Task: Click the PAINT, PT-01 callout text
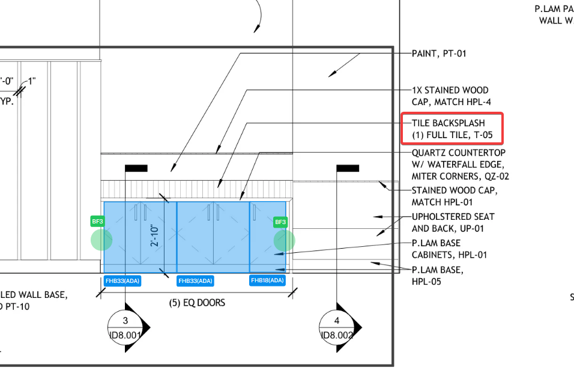pos(439,53)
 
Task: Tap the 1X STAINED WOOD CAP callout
pos(450,96)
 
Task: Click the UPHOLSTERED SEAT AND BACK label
pos(453,222)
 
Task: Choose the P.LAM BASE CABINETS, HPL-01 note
pos(449,249)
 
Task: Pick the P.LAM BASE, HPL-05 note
pos(437,276)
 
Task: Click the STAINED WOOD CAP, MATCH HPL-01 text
pos(455,196)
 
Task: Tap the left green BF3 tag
pos(97,222)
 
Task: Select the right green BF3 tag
pos(280,222)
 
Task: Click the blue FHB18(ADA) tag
pos(267,280)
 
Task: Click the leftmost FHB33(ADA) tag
pos(122,280)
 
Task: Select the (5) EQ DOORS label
pos(197,303)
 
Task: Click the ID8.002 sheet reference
pos(337,335)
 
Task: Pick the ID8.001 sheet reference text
pos(125,335)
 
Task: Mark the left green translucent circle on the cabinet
pos(101,240)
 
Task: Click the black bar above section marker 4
pos(348,168)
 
